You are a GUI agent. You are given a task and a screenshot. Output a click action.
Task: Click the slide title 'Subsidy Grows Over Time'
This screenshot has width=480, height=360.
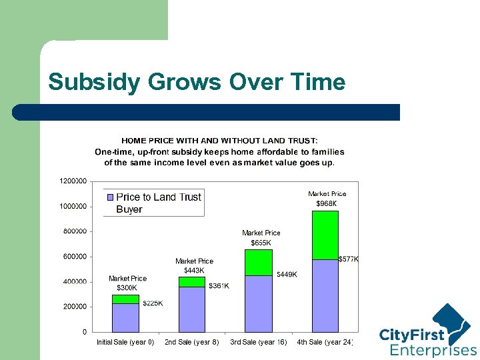(197, 82)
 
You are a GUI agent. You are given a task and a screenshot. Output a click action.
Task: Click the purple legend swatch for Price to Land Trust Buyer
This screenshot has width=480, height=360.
(110, 197)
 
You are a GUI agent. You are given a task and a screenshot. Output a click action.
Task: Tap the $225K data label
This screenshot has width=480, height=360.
(153, 303)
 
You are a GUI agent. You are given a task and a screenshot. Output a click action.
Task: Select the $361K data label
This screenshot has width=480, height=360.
(219, 286)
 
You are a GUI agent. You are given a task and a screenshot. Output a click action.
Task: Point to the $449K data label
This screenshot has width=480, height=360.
(287, 274)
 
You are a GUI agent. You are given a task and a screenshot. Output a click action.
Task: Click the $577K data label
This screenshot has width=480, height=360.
(349, 259)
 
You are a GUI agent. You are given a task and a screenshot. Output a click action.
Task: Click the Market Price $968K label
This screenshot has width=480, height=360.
(327, 199)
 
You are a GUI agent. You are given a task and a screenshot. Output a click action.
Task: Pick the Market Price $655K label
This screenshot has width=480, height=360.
(261, 238)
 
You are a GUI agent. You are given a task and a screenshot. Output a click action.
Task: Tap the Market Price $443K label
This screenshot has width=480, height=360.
(194, 265)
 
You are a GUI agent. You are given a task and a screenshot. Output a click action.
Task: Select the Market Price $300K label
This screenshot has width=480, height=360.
(127, 283)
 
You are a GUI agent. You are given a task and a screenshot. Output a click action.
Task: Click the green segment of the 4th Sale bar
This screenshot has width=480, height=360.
(325, 235)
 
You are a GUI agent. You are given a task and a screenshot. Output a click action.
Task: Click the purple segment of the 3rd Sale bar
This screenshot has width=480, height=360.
(259, 303)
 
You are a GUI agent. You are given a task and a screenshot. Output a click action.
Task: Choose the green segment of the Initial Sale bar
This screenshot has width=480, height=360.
(125, 299)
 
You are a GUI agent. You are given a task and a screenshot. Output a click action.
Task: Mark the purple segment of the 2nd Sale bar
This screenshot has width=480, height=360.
(192, 309)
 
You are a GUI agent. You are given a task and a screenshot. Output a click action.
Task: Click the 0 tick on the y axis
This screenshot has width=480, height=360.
(84, 332)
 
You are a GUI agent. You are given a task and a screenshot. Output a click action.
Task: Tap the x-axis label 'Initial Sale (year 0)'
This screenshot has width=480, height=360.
(125, 342)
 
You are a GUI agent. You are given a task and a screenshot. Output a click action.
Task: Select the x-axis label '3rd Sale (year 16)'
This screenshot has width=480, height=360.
(259, 342)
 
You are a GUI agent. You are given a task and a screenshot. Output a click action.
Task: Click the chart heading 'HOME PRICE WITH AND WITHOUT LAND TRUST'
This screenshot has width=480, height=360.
(219, 141)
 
